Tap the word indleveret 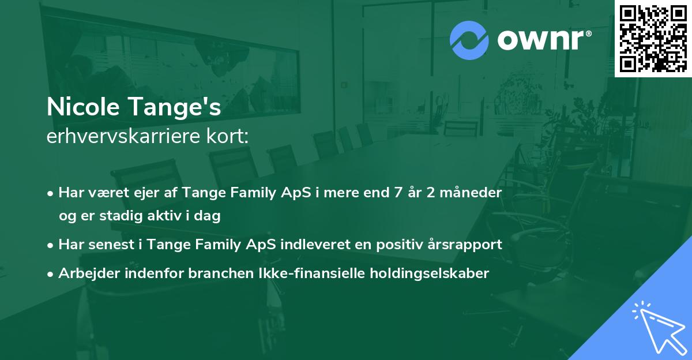(326, 245)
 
